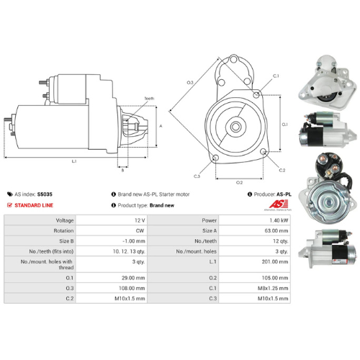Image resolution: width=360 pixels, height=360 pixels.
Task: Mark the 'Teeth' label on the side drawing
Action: [x=149, y=98]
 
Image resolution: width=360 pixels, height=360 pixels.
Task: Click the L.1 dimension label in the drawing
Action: [x=74, y=161]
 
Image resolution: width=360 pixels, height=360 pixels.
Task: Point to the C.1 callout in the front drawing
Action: [x=276, y=76]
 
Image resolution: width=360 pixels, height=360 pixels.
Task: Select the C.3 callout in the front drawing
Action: [x=197, y=176]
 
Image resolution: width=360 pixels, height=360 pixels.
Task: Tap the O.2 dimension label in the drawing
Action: [x=239, y=182]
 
